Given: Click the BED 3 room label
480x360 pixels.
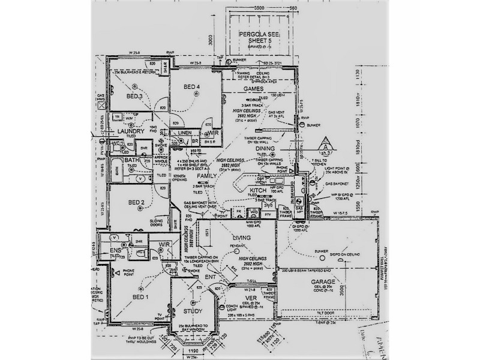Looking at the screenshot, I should coord(134,96).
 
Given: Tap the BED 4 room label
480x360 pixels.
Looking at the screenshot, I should coord(191,88).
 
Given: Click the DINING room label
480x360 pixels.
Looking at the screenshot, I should coord(265,148).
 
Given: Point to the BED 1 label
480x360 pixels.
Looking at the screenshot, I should coord(140,297).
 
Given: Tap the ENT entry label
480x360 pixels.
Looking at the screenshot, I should coord(211,278).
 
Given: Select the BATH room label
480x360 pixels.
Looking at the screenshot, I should coord(132,160).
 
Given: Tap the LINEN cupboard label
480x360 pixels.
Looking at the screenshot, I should coord(185,133).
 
